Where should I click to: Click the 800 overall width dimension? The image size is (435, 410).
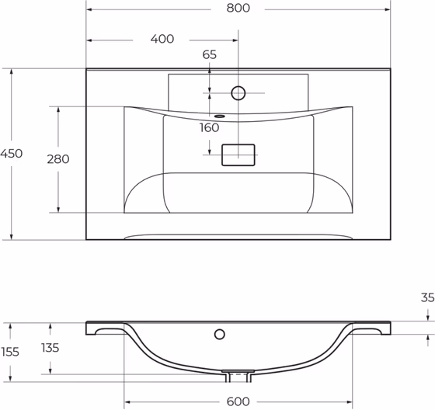(238, 8)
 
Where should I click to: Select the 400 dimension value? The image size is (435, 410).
(162, 39)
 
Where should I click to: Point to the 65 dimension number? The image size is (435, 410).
(209, 54)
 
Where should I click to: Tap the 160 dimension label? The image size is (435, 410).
(209, 127)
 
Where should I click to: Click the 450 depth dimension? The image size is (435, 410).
(11, 154)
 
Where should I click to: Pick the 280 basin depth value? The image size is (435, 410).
(58, 159)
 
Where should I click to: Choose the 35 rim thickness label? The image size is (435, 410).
(427, 297)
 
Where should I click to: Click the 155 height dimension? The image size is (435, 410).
(10, 352)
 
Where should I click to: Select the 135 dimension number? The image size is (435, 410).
(50, 348)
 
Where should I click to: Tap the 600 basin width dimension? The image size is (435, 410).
(238, 401)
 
